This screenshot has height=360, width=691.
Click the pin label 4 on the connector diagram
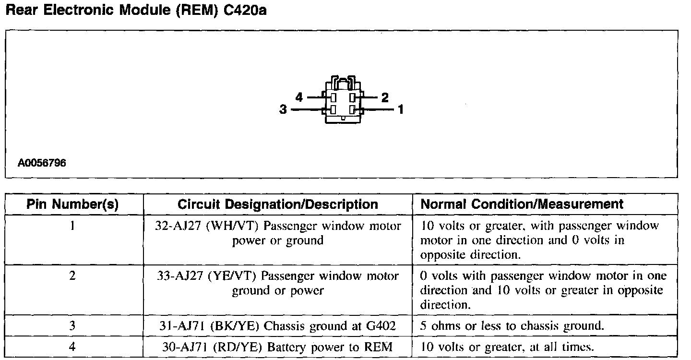click(299, 97)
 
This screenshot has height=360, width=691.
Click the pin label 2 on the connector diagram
click(385, 98)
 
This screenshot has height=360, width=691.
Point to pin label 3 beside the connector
click(283, 110)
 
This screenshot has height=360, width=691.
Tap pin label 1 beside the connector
click(401, 110)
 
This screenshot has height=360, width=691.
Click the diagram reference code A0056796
click(42, 163)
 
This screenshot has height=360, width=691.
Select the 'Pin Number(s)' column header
click(72, 204)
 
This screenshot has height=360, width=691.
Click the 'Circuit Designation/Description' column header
click(278, 204)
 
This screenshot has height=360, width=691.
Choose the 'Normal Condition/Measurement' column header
click(522, 204)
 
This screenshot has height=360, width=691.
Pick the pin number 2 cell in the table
click(72, 276)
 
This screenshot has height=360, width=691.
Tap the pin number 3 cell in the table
click(72, 326)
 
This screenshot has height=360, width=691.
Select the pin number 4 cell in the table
click(72, 347)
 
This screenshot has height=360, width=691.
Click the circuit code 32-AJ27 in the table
click(175, 226)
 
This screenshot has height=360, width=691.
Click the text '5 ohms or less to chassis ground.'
click(512, 326)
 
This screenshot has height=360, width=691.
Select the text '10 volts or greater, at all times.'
click(508, 347)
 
